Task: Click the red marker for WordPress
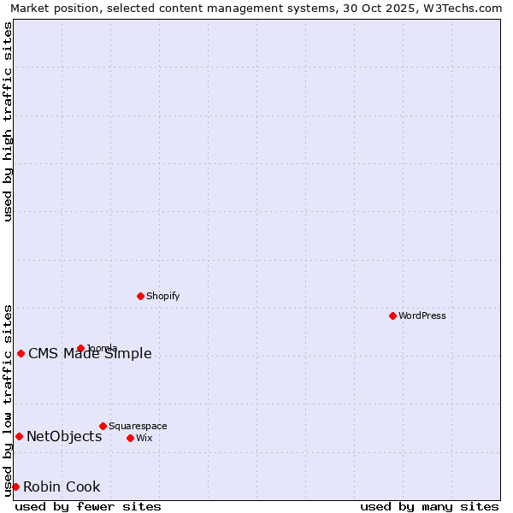392,315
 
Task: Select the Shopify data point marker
140,296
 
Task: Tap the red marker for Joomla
80,348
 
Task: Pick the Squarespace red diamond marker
103,426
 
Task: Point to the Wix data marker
130,438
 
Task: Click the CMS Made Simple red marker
21,353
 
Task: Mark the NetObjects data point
19,436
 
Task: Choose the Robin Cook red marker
15,486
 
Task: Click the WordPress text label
422,315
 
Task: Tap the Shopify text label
162,296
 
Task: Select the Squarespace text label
138,426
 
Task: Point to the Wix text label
144,438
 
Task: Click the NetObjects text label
64,436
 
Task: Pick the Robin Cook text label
62,486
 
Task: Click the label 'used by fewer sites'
88,506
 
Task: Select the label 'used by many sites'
429,506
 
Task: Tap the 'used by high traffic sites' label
8,121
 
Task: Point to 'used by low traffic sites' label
8,399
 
